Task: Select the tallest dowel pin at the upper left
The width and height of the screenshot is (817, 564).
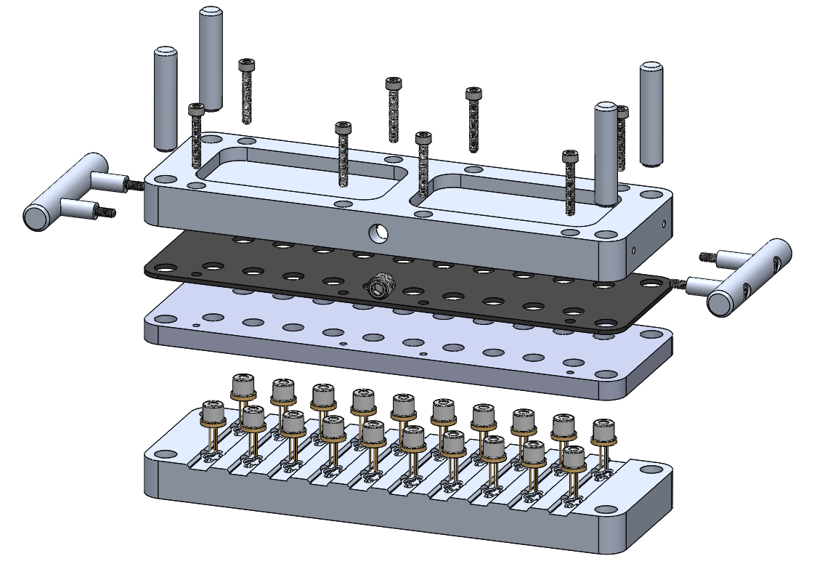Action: tap(210, 58)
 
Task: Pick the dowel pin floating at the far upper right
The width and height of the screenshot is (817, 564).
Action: tap(651, 113)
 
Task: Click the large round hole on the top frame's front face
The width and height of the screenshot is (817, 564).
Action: tap(377, 233)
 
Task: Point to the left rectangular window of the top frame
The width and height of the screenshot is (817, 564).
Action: tap(301, 172)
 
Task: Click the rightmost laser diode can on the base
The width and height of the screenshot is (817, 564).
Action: tap(602, 432)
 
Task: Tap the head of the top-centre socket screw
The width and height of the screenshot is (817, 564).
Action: tap(393, 84)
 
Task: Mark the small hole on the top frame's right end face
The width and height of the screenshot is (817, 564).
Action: tap(634, 249)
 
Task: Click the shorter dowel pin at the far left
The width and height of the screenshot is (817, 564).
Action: tap(166, 98)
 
